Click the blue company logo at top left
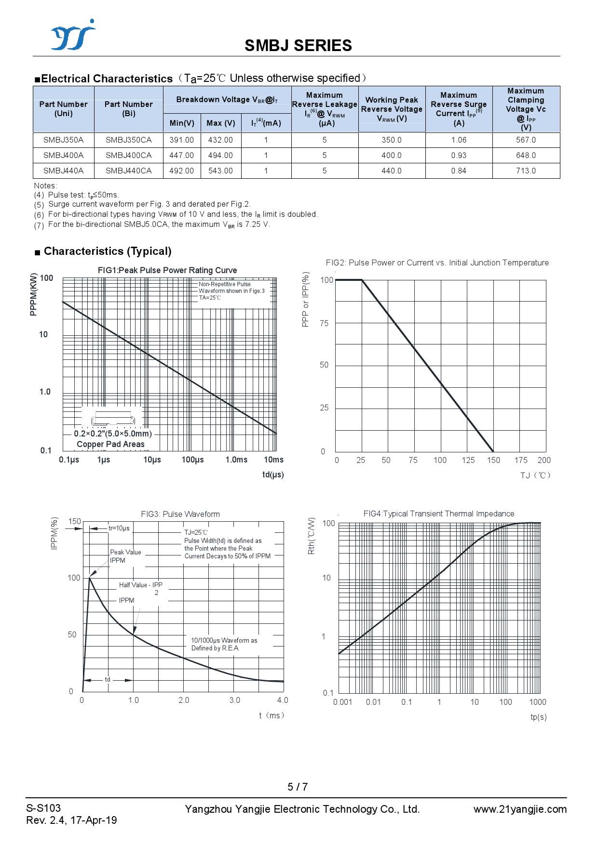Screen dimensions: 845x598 pyautogui.click(x=73, y=35)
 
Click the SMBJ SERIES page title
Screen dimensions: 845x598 pyautogui.click(x=298, y=46)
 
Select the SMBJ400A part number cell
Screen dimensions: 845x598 pyautogui.click(x=63, y=156)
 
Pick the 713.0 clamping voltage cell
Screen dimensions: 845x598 pyautogui.click(x=526, y=171)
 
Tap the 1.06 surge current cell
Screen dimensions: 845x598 pyautogui.click(x=459, y=140)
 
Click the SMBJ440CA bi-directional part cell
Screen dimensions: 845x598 pyautogui.click(x=128, y=171)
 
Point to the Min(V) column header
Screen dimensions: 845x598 pyautogui.click(x=182, y=123)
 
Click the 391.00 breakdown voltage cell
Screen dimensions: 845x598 pyautogui.click(x=182, y=140)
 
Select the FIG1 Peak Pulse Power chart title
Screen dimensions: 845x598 pyautogui.click(x=167, y=270)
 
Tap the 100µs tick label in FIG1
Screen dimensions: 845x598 pyautogui.click(x=192, y=460)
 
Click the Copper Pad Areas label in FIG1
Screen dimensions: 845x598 pyautogui.click(x=110, y=444)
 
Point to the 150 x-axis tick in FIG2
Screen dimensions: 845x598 pyautogui.click(x=493, y=461)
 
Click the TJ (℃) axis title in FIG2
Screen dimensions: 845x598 pyautogui.click(x=535, y=475)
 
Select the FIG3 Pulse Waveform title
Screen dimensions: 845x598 pyautogui.click(x=180, y=514)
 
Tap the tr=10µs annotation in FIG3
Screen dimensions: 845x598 pyautogui.click(x=119, y=528)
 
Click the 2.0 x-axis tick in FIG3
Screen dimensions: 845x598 pyautogui.click(x=184, y=700)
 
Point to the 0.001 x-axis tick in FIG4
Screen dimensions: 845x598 pyautogui.click(x=342, y=702)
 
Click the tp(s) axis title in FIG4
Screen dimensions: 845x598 pyautogui.click(x=538, y=717)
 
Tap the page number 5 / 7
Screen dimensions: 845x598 pyautogui.click(x=298, y=787)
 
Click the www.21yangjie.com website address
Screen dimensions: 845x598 pyautogui.click(x=520, y=809)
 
